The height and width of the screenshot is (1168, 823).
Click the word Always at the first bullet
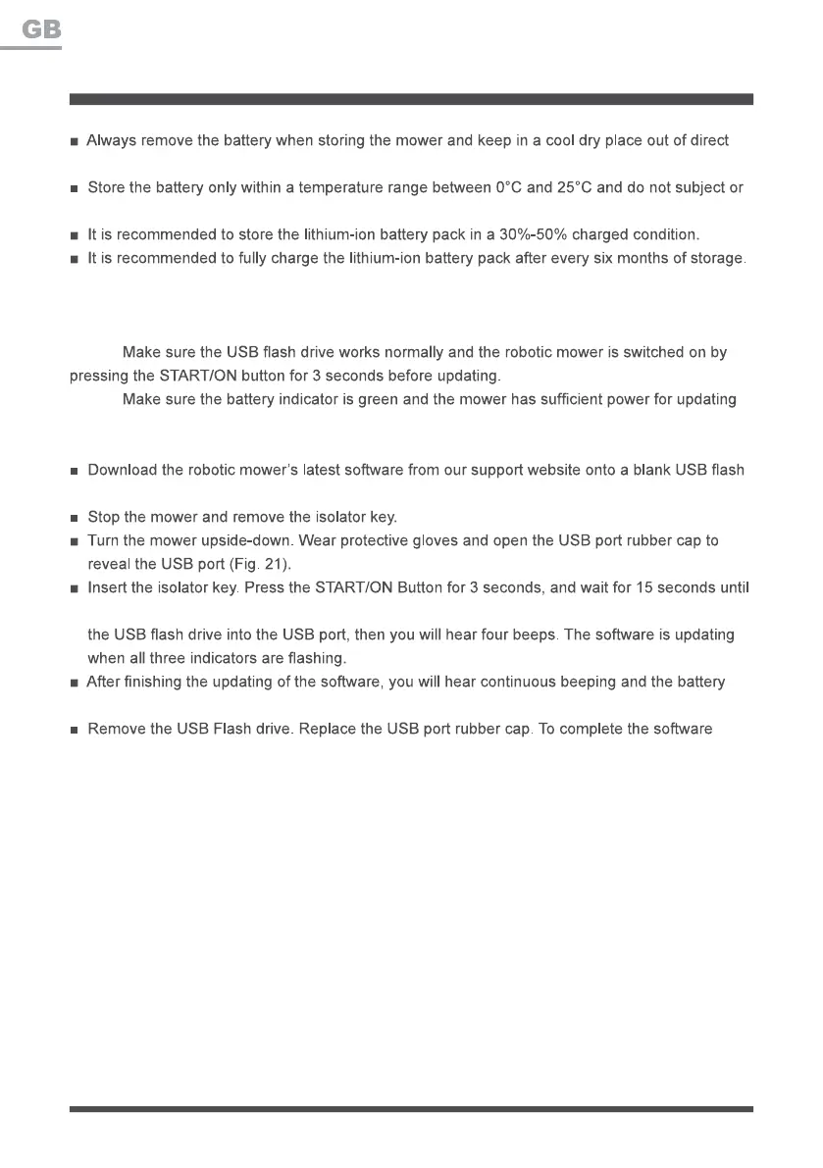point(112,141)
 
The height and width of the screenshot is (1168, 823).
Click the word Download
point(123,470)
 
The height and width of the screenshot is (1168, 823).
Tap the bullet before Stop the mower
point(75,518)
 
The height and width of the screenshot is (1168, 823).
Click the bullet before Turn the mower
point(75,541)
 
